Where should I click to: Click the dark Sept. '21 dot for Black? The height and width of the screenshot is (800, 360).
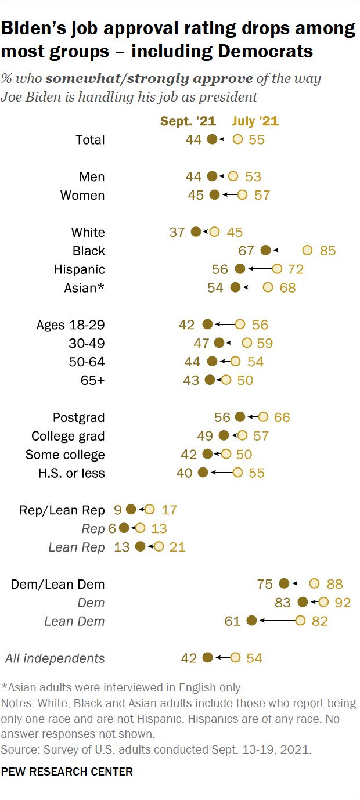266,250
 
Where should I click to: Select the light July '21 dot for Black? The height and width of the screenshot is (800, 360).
308,250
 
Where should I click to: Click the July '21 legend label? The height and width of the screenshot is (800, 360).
255,121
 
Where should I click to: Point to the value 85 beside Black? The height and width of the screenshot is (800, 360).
327,251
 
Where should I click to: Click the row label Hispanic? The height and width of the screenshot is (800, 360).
80,269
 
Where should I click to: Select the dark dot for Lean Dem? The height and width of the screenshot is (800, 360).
251,621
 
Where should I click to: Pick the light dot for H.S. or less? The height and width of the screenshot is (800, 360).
237,473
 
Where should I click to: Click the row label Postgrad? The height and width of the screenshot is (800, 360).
79,417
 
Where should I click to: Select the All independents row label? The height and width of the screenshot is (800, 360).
55,658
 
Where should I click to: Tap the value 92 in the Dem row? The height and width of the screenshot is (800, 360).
343,603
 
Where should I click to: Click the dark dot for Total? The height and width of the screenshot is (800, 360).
212,139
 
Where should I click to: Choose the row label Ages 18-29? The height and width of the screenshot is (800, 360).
71,325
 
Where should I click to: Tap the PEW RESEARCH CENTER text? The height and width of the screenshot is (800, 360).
67,772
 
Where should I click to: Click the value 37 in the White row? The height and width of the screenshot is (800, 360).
177,232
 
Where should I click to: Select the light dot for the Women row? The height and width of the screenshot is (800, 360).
242,195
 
